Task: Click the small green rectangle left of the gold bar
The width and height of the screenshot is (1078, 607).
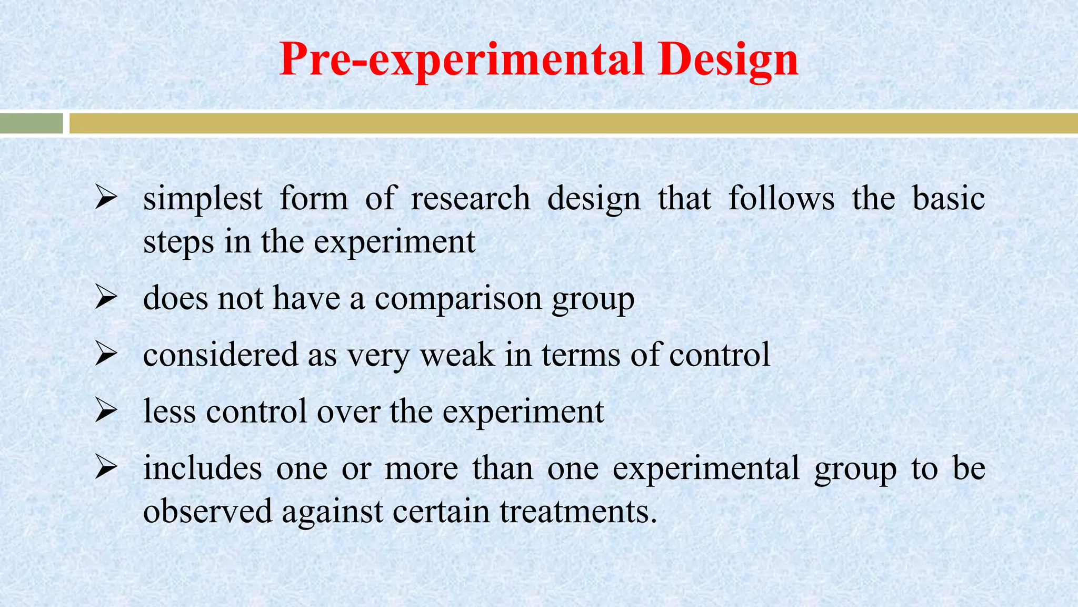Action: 31,123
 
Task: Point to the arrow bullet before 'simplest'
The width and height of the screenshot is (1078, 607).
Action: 106,199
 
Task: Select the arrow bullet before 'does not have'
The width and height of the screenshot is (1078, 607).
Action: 106,299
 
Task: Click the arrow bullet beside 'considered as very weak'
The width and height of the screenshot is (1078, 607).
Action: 106,355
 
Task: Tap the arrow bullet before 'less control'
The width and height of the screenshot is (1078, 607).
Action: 106,412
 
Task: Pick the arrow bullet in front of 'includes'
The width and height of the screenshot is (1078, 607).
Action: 106,468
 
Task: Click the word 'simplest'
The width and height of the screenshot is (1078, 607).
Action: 203,199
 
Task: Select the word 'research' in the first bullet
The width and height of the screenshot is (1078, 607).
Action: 471,199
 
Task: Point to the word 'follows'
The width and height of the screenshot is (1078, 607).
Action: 782,199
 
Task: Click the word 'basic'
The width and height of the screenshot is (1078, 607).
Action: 949,199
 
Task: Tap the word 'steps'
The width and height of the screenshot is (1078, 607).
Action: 179,243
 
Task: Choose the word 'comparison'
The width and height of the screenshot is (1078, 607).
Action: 458,299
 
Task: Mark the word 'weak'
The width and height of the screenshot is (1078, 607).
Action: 457,355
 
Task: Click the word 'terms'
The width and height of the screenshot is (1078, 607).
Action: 581,355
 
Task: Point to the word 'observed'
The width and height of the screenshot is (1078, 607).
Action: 207,511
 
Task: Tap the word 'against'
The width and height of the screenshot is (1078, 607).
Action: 333,511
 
